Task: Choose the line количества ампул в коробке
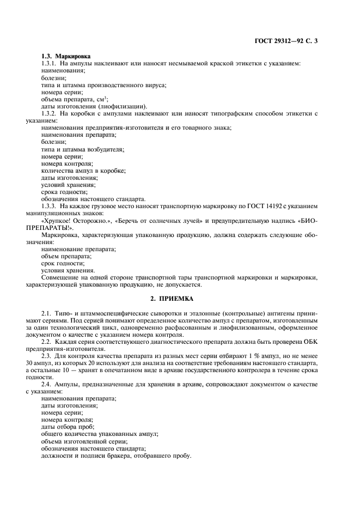(83, 170)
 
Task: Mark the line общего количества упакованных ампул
(99, 434)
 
